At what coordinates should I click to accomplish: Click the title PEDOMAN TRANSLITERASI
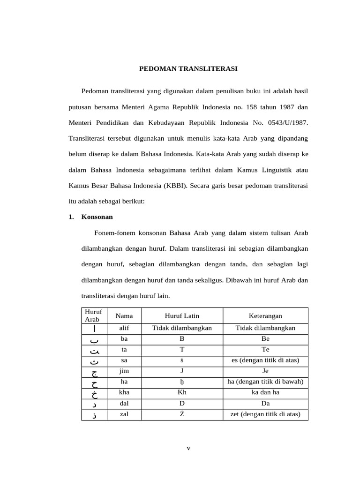click(x=188, y=68)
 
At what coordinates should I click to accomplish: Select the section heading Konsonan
click(x=97, y=217)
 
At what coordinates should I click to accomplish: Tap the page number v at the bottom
click(x=188, y=448)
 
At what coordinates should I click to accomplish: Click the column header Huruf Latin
click(x=182, y=316)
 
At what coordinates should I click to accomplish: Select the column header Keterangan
click(x=265, y=316)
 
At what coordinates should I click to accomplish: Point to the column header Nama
click(x=124, y=316)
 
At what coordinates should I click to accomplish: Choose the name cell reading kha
click(x=124, y=392)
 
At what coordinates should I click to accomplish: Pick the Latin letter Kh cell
click(x=182, y=392)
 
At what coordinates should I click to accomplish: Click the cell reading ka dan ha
click(x=265, y=392)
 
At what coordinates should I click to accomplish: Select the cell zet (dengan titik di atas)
click(x=265, y=414)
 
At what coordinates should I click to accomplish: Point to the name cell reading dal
click(x=124, y=403)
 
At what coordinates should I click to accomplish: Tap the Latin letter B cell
click(x=182, y=338)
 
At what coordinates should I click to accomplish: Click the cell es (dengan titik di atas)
click(x=265, y=360)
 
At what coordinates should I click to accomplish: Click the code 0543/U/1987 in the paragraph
click(x=286, y=122)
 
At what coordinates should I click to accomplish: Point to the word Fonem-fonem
click(x=111, y=232)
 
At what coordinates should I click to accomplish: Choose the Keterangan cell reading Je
click(x=265, y=371)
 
